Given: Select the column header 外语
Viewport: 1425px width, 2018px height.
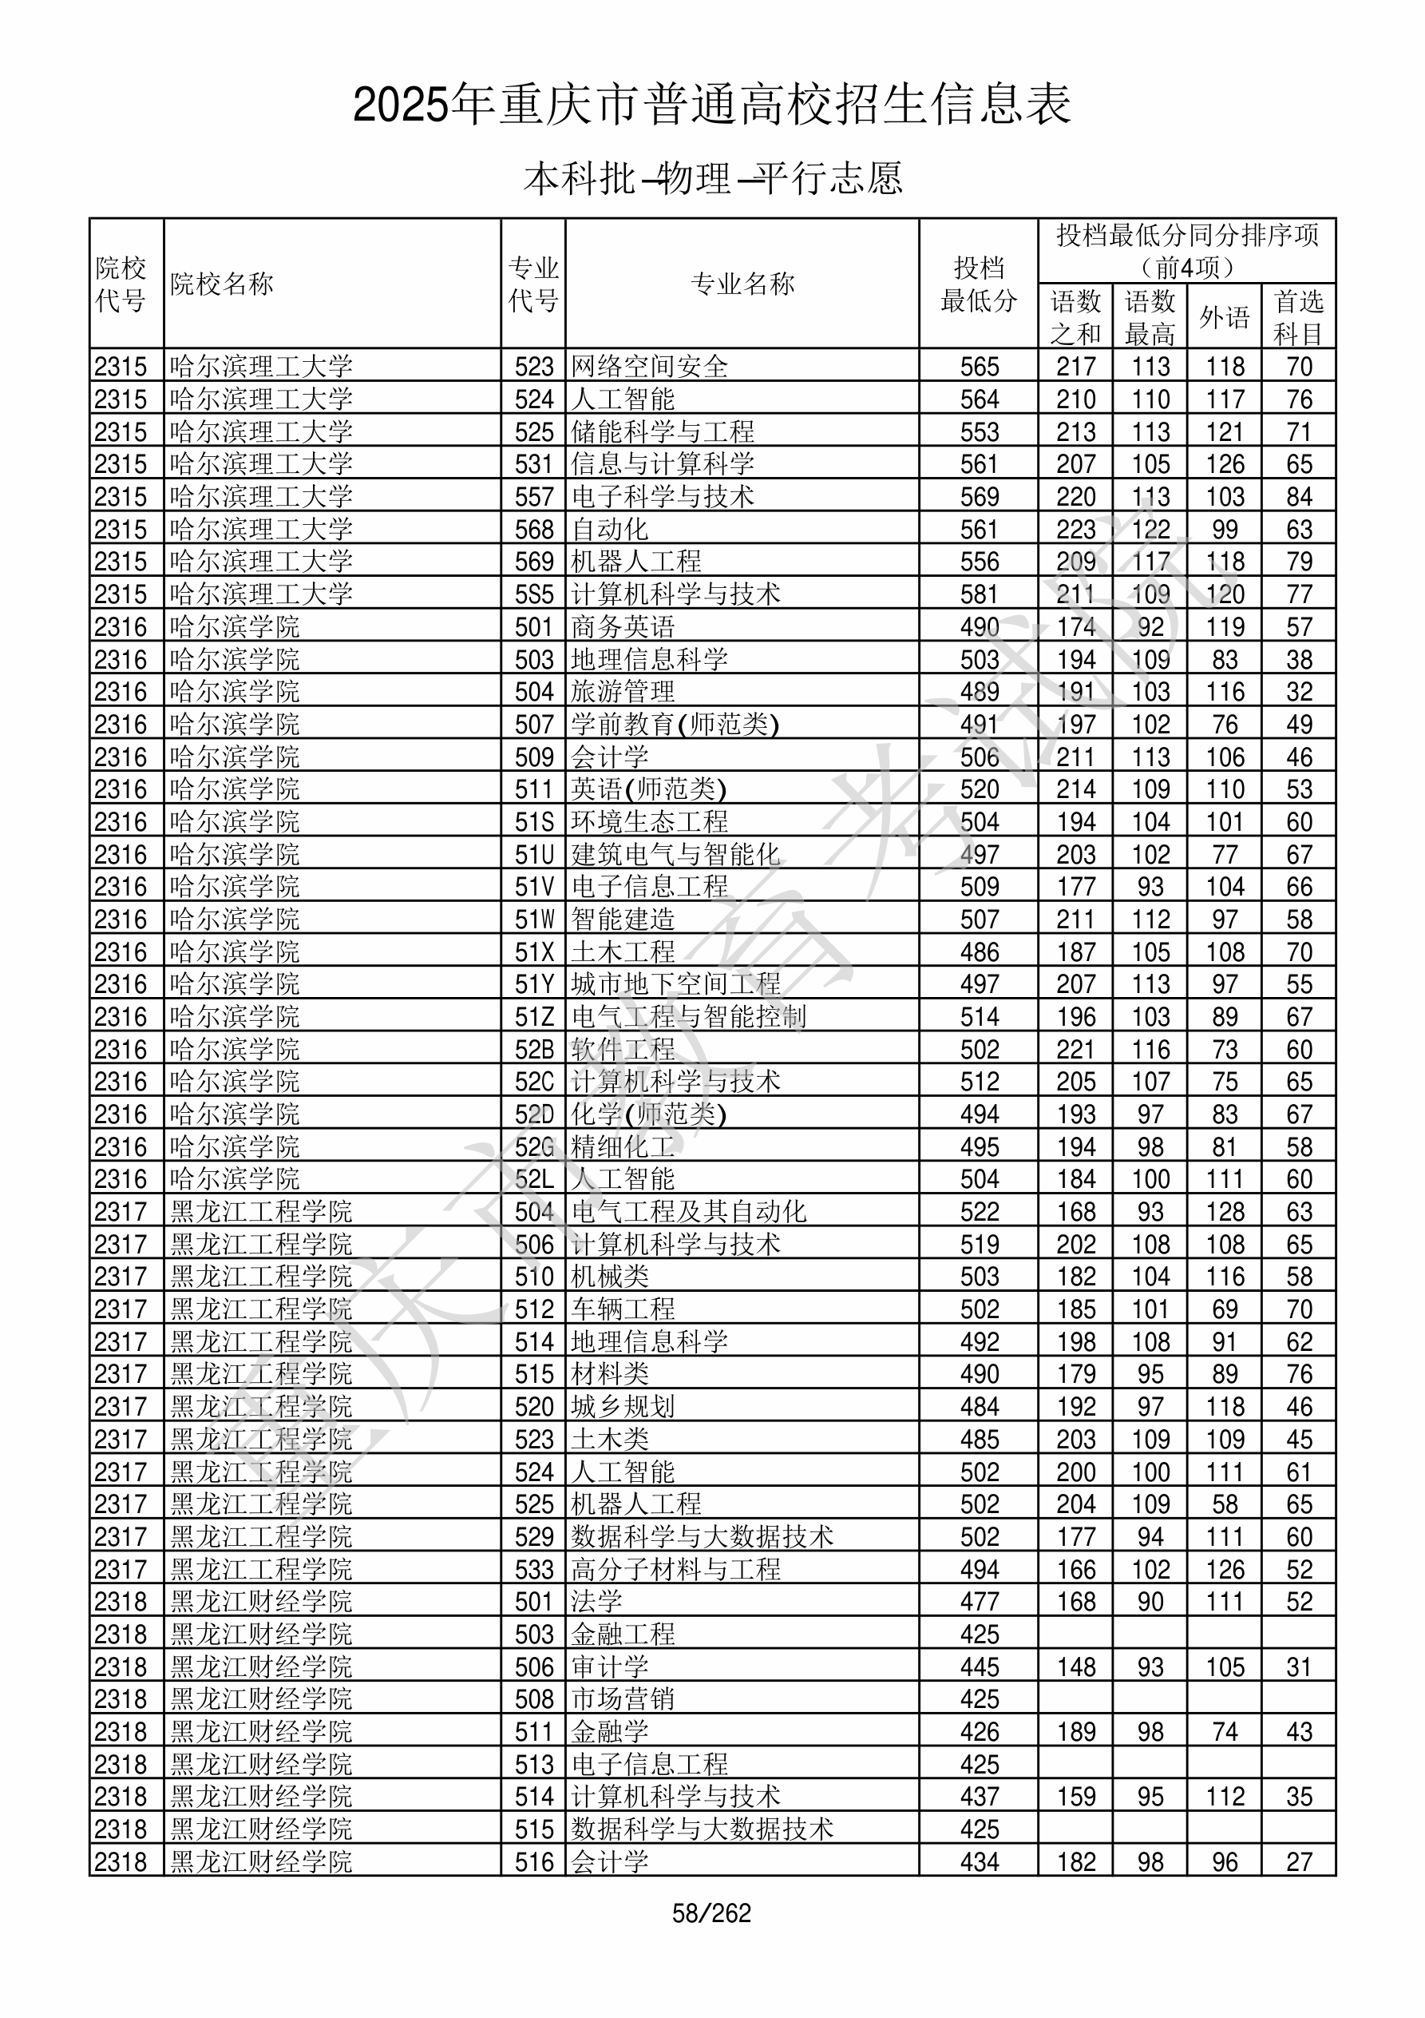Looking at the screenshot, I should pyautogui.click(x=1224, y=316).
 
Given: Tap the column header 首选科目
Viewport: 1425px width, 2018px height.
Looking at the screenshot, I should pyautogui.click(x=1299, y=316).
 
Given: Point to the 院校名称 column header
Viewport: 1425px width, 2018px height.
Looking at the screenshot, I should pyautogui.click(x=222, y=284).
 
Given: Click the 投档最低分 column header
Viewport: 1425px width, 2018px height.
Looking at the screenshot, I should pyautogui.click(x=978, y=284).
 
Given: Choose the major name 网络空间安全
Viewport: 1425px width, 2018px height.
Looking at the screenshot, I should pyautogui.click(x=649, y=367).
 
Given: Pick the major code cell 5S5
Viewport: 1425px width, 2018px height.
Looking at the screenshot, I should pyautogui.click(x=534, y=594).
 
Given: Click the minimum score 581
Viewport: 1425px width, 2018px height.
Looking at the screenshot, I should pyautogui.click(x=979, y=594).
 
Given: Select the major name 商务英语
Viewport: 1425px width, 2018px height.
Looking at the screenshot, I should pyautogui.click(x=623, y=626).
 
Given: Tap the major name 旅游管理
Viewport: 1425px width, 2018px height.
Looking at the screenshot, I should pyautogui.click(x=623, y=692).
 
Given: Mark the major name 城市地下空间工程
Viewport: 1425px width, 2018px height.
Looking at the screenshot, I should pyautogui.click(x=675, y=984).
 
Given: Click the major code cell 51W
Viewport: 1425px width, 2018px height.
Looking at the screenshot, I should pyautogui.click(x=534, y=920).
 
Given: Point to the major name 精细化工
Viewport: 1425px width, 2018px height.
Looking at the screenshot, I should pyautogui.click(x=623, y=1147).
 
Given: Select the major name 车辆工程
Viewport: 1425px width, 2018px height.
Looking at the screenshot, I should pyautogui.click(x=623, y=1309).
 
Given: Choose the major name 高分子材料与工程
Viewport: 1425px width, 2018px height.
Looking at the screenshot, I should pyautogui.click(x=675, y=1570).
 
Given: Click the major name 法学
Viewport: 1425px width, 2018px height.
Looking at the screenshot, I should pyautogui.click(x=596, y=1602).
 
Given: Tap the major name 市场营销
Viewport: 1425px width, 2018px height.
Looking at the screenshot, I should pyautogui.click(x=623, y=1699).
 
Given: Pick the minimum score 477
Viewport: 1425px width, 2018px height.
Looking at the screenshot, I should pyautogui.click(x=979, y=1602).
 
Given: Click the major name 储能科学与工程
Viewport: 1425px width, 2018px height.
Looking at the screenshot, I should pyautogui.click(x=663, y=431).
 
